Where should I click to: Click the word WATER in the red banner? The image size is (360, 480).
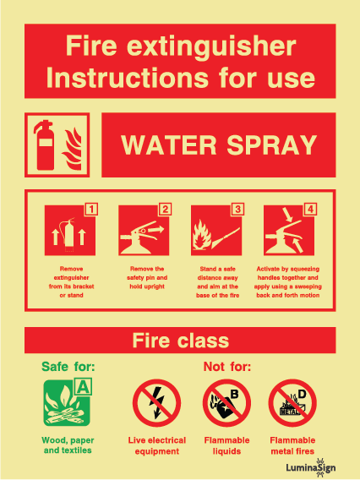click(x=169, y=145)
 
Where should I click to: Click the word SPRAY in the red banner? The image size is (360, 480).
click(x=272, y=145)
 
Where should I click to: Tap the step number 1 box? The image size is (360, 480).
click(x=91, y=209)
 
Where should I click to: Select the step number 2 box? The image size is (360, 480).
click(x=165, y=209)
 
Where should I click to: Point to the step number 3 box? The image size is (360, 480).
click(x=237, y=209)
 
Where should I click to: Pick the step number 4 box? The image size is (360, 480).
click(x=310, y=209)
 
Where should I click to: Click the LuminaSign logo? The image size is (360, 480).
click(x=311, y=467)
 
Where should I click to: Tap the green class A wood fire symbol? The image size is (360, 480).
click(x=68, y=402)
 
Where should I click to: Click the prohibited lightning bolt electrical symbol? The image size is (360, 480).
click(x=156, y=403)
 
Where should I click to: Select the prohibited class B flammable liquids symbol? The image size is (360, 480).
click(x=226, y=403)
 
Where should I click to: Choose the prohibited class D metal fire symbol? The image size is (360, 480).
click(x=292, y=403)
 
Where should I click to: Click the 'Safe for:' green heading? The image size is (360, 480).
click(x=68, y=367)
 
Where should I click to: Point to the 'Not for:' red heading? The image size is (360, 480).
click(x=227, y=367)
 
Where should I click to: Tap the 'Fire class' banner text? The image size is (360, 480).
click(x=181, y=341)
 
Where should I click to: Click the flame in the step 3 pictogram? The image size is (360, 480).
click(x=202, y=235)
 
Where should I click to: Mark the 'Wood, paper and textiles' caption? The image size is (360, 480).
click(x=68, y=445)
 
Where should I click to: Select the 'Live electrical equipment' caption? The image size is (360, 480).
click(x=157, y=445)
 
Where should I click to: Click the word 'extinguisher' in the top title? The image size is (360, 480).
click(x=211, y=46)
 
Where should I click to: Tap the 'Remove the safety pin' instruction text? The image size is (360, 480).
click(x=147, y=278)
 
